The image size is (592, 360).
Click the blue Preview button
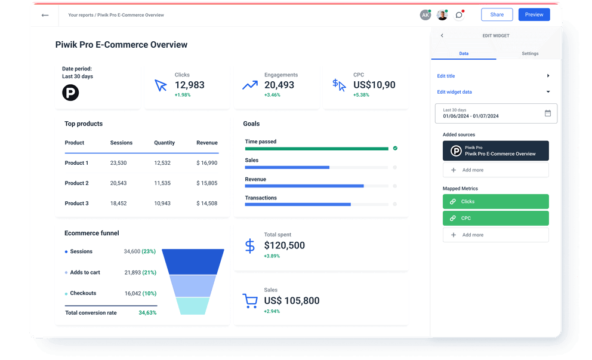point(534,15)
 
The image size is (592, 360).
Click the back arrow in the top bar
point(45,15)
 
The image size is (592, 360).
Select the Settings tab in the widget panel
point(530,54)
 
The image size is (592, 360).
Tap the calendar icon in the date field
point(548,113)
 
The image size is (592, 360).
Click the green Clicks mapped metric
point(495,202)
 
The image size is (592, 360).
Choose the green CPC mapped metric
point(495,219)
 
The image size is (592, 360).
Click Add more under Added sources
point(495,170)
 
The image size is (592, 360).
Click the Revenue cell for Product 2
point(206,183)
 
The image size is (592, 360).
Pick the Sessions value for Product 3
point(118,204)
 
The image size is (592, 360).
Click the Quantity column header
point(164,143)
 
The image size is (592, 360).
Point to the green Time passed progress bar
point(316,149)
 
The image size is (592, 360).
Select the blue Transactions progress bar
point(298,205)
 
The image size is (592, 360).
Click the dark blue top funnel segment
point(193,261)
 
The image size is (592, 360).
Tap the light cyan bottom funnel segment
point(193,306)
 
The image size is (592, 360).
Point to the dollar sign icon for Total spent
point(250,245)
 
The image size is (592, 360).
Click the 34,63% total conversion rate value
point(147,313)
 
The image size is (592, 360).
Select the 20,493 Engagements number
point(279,85)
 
